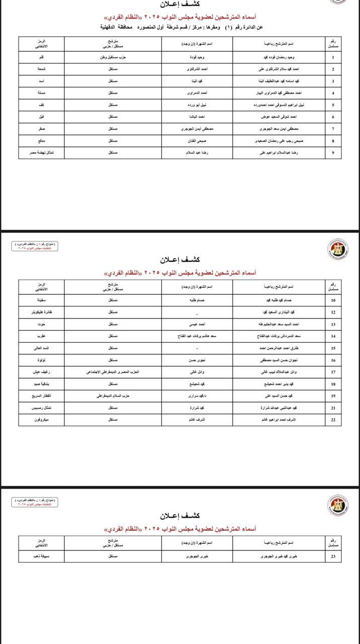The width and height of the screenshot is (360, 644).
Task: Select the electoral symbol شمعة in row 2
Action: point(42,69)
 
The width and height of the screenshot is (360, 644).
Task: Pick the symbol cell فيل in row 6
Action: point(42,117)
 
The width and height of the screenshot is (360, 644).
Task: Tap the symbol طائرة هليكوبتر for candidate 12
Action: point(42,312)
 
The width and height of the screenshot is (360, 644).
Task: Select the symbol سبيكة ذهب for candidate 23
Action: point(42,556)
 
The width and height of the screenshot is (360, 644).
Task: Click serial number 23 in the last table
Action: point(332,556)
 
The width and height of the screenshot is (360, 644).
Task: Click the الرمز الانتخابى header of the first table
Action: point(42,43)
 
